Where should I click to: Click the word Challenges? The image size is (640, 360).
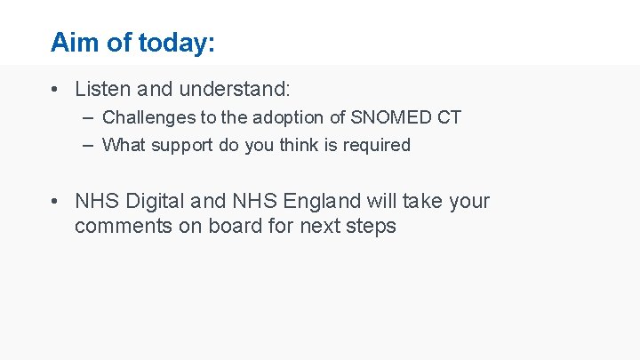(x=146, y=117)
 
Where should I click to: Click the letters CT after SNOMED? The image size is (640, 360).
(x=448, y=117)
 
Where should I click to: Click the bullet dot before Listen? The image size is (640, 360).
(x=55, y=89)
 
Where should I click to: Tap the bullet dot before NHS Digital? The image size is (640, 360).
(x=55, y=202)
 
